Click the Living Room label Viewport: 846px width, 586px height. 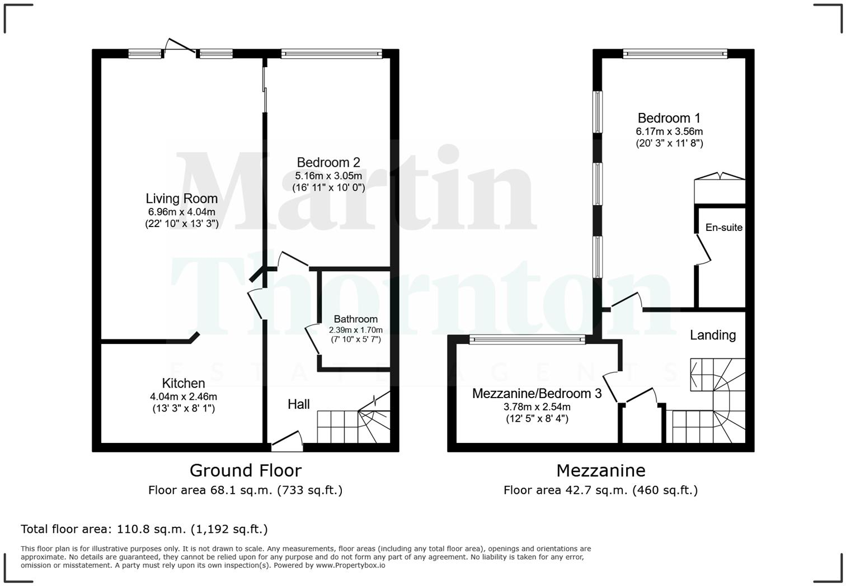[x=181, y=199]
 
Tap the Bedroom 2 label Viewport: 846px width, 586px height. [x=328, y=163]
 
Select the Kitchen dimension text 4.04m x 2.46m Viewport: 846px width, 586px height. [x=184, y=396]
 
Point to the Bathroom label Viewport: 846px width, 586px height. [x=355, y=319]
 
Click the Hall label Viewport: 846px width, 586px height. [x=299, y=404]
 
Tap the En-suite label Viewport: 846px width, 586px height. [x=723, y=228]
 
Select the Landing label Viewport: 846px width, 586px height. [x=712, y=335]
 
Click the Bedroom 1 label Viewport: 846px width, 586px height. [x=669, y=118]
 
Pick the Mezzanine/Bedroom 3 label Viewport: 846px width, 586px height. [x=537, y=394]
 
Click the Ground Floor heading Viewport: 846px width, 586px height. [x=245, y=470]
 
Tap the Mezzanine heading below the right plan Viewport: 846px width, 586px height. [x=600, y=470]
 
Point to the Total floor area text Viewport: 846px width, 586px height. [x=144, y=529]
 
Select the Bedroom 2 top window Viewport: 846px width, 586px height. [x=332, y=54]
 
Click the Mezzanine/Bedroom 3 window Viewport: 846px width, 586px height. [x=527, y=339]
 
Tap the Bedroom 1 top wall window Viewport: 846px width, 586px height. [x=675, y=54]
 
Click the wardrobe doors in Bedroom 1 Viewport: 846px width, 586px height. [x=720, y=177]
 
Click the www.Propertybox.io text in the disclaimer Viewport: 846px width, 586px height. [x=350, y=565]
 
